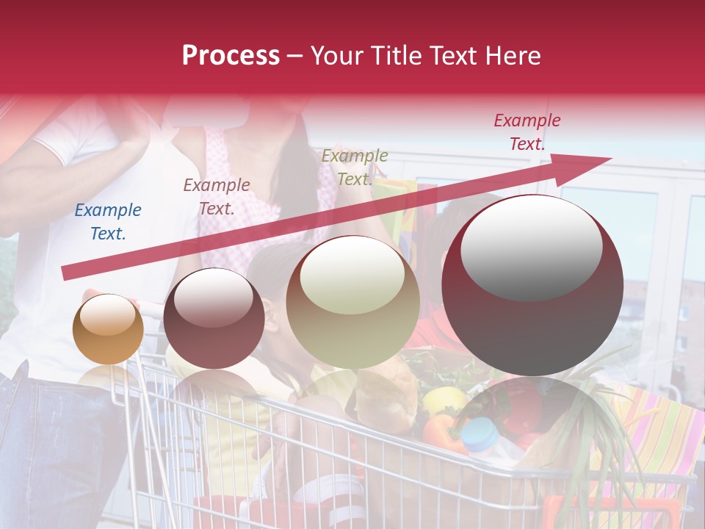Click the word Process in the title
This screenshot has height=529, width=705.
(231, 55)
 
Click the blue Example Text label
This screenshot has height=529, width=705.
(108, 222)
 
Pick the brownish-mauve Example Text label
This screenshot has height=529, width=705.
(217, 197)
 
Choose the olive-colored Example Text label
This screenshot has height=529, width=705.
(355, 168)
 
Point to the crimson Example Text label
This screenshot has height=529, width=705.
(527, 132)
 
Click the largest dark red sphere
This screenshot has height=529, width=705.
(532, 323)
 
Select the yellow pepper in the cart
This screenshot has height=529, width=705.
(444, 400)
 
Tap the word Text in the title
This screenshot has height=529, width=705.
(454, 55)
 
